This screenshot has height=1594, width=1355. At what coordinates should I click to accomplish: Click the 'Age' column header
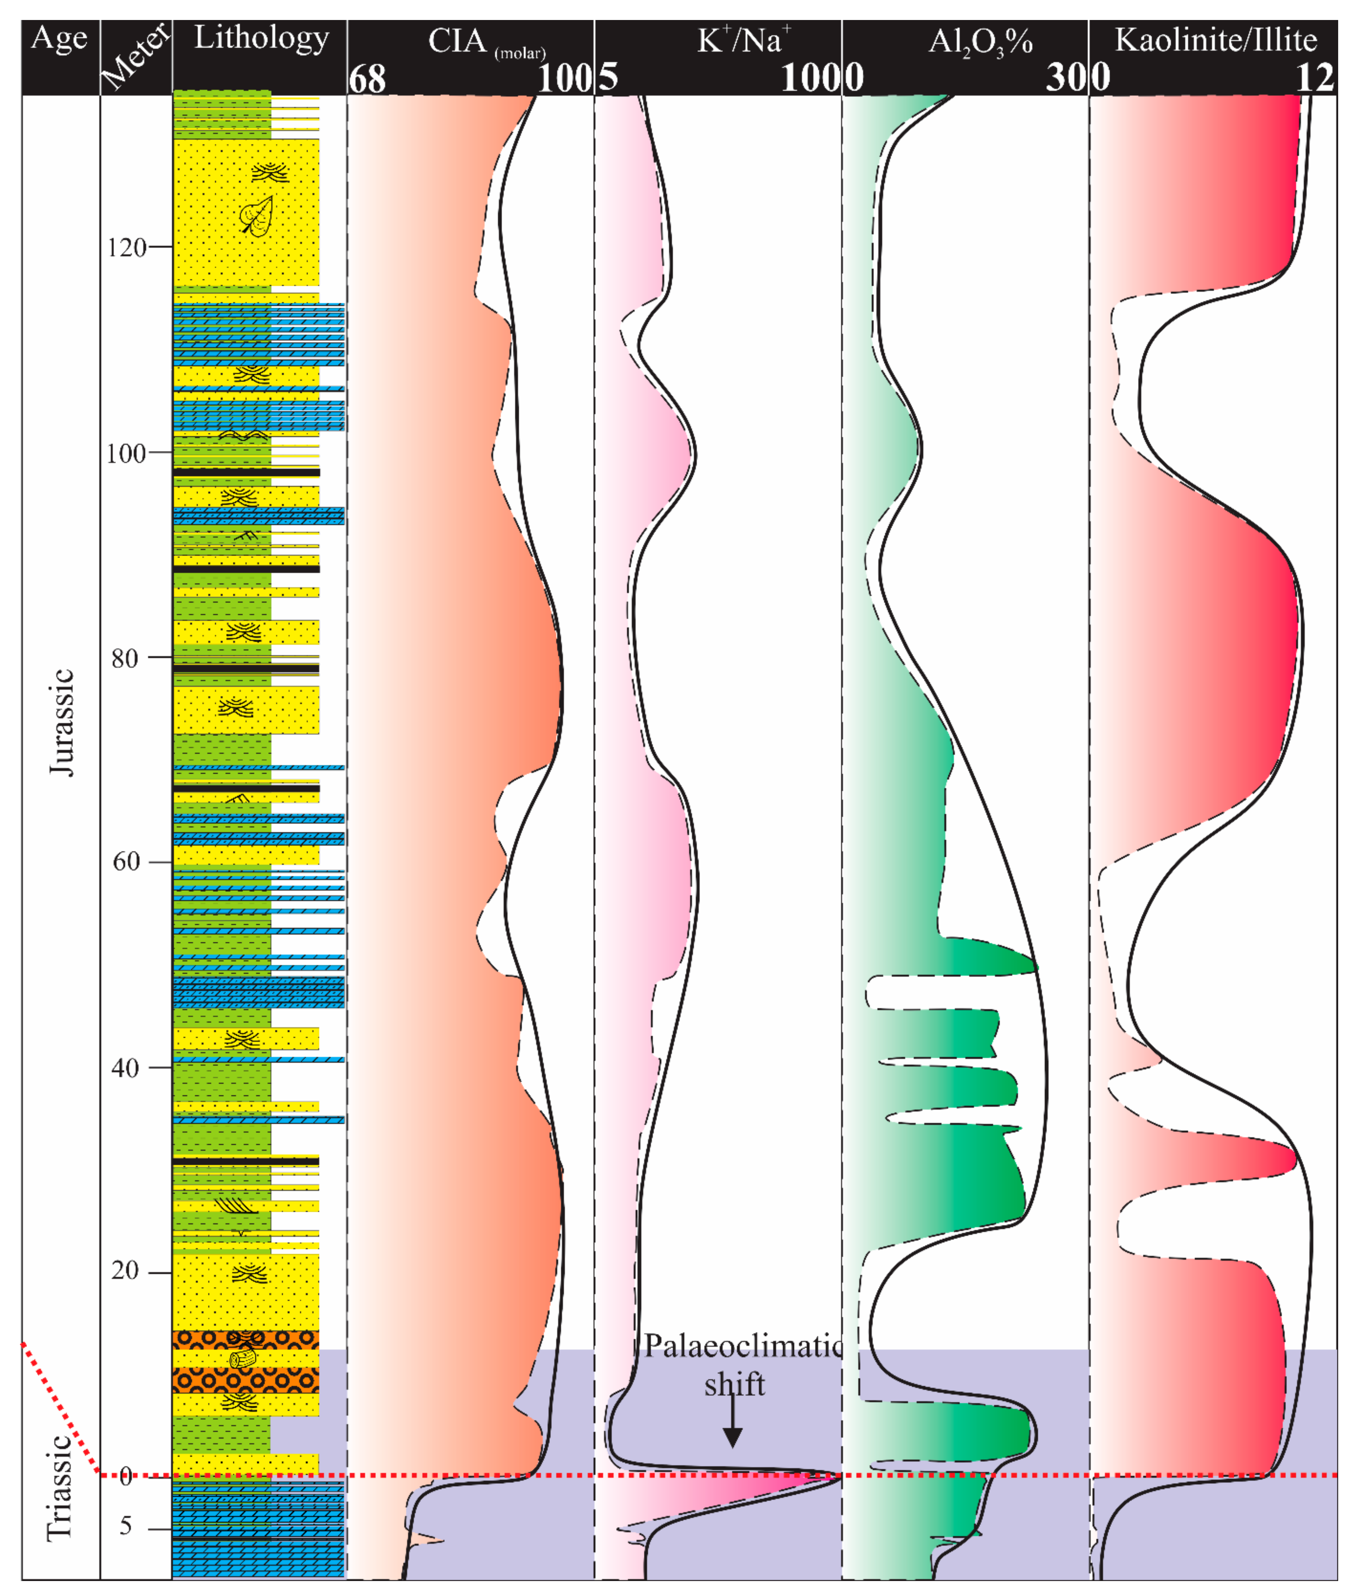click(x=59, y=38)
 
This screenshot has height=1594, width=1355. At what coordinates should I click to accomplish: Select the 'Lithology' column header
click(x=261, y=38)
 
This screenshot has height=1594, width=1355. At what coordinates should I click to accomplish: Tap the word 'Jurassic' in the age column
click(x=61, y=722)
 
